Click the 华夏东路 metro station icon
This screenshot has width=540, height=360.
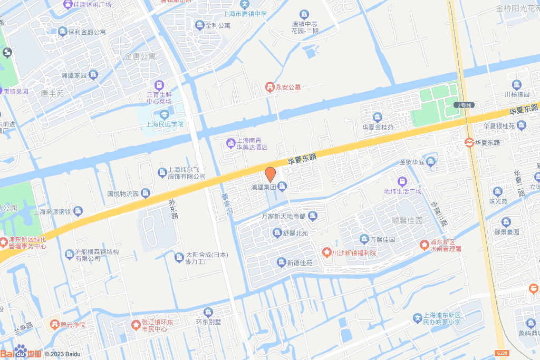coord(468,142)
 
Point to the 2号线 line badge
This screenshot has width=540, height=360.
coord(465,105)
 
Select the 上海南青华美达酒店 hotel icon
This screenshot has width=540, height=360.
coord(230,143)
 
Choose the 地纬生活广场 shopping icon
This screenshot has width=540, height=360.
coord(402,181)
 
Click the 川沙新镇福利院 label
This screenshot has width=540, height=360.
coord(354,253)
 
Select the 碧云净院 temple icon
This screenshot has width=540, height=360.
coord(54,324)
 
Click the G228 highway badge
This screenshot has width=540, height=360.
coord(503,353)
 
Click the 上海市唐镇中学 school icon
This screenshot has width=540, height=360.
coord(245,4)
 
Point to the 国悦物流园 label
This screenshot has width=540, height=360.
coord(123,194)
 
